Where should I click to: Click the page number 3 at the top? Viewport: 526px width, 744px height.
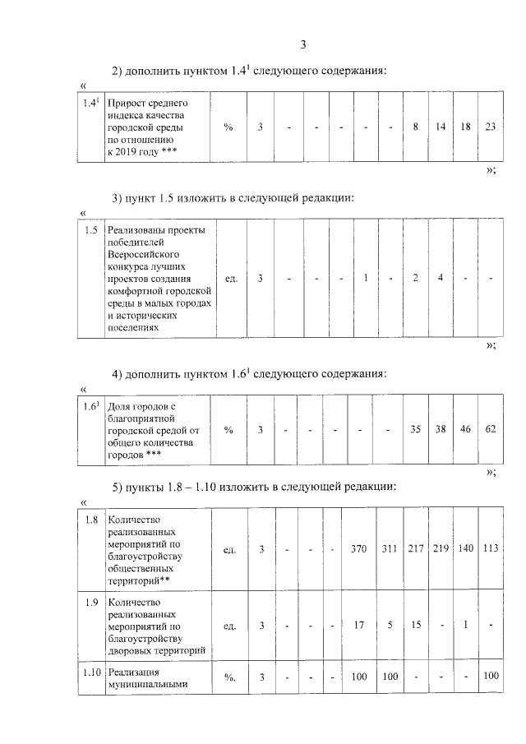coord(303,44)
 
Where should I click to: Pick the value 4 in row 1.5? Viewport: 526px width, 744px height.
coord(441,279)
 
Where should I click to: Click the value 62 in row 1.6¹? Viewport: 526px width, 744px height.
coord(490,429)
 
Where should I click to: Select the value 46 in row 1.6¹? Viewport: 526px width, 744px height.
coord(465,429)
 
